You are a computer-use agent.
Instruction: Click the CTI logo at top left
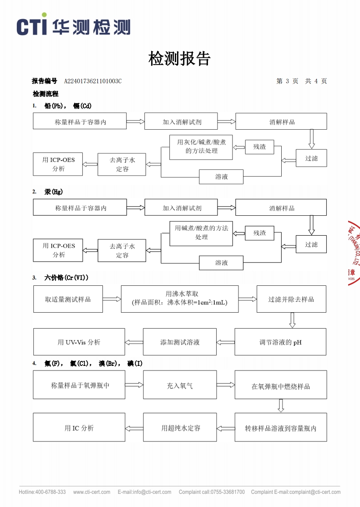click(x=73, y=26)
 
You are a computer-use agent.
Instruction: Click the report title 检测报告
click(x=180, y=59)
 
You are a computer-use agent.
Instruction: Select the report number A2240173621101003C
click(x=93, y=81)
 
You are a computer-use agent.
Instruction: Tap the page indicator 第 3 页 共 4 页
click(x=301, y=81)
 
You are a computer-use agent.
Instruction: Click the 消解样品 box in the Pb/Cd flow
click(x=281, y=122)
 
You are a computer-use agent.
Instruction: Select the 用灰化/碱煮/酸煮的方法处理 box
click(x=201, y=147)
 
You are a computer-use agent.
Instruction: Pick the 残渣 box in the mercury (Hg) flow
click(x=260, y=233)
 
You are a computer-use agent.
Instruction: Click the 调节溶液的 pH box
click(x=280, y=342)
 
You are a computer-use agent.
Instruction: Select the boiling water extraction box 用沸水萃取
click(x=179, y=299)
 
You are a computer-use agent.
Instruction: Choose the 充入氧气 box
click(x=179, y=385)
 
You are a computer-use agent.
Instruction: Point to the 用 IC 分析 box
click(x=79, y=427)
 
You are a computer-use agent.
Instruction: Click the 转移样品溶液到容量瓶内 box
click(x=280, y=427)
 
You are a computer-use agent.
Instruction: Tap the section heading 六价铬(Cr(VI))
click(x=66, y=277)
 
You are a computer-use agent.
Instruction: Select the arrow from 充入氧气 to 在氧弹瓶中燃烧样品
click(x=225, y=385)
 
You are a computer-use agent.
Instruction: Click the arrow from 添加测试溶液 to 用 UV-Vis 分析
click(x=134, y=342)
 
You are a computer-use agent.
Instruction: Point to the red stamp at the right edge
click(x=354, y=253)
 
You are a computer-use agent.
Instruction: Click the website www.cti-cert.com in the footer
click(x=91, y=492)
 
